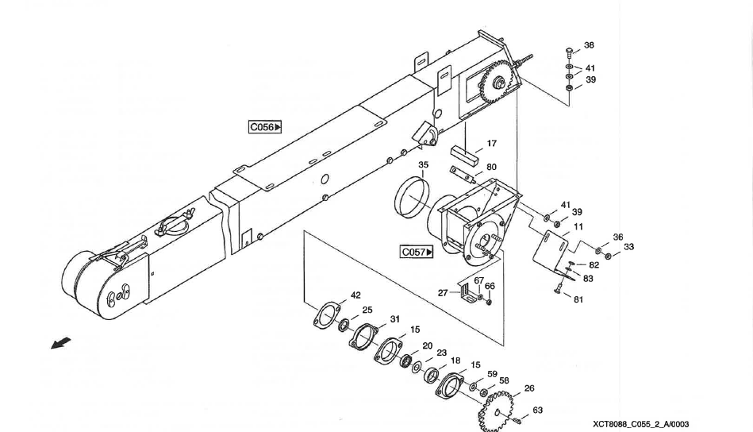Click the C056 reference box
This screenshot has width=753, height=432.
(265, 126)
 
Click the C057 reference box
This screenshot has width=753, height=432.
(417, 253)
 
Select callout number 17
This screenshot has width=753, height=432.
(492, 144)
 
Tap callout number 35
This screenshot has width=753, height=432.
(424, 165)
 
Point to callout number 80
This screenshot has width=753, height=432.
(492, 168)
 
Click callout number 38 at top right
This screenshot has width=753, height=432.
(589, 45)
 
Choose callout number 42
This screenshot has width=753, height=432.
(355, 295)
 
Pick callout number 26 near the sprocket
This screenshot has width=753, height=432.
(529, 388)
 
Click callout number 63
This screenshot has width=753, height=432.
(537, 410)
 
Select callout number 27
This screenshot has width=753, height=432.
(443, 292)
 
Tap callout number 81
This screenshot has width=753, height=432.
(578, 299)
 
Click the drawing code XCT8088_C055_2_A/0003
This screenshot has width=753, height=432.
(640, 424)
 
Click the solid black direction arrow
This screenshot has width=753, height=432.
(60, 343)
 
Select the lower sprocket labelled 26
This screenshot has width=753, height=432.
(495, 409)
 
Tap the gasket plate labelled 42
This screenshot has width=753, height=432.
(324, 314)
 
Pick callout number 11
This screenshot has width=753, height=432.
(578, 226)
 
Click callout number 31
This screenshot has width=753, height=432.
(394, 318)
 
